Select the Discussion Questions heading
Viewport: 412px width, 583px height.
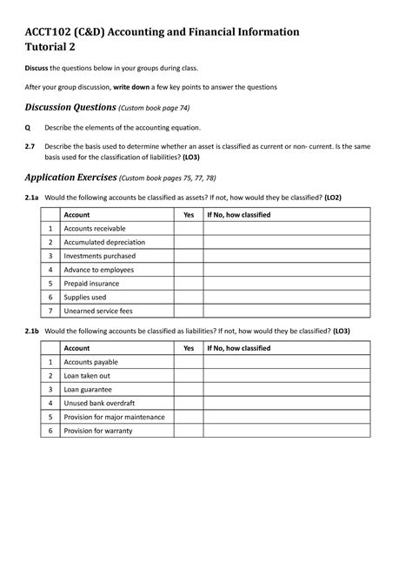point(70,107)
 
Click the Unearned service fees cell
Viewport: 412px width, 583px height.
point(102,311)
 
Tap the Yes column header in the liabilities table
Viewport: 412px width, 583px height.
point(189,348)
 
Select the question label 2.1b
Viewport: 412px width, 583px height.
point(32,332)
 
